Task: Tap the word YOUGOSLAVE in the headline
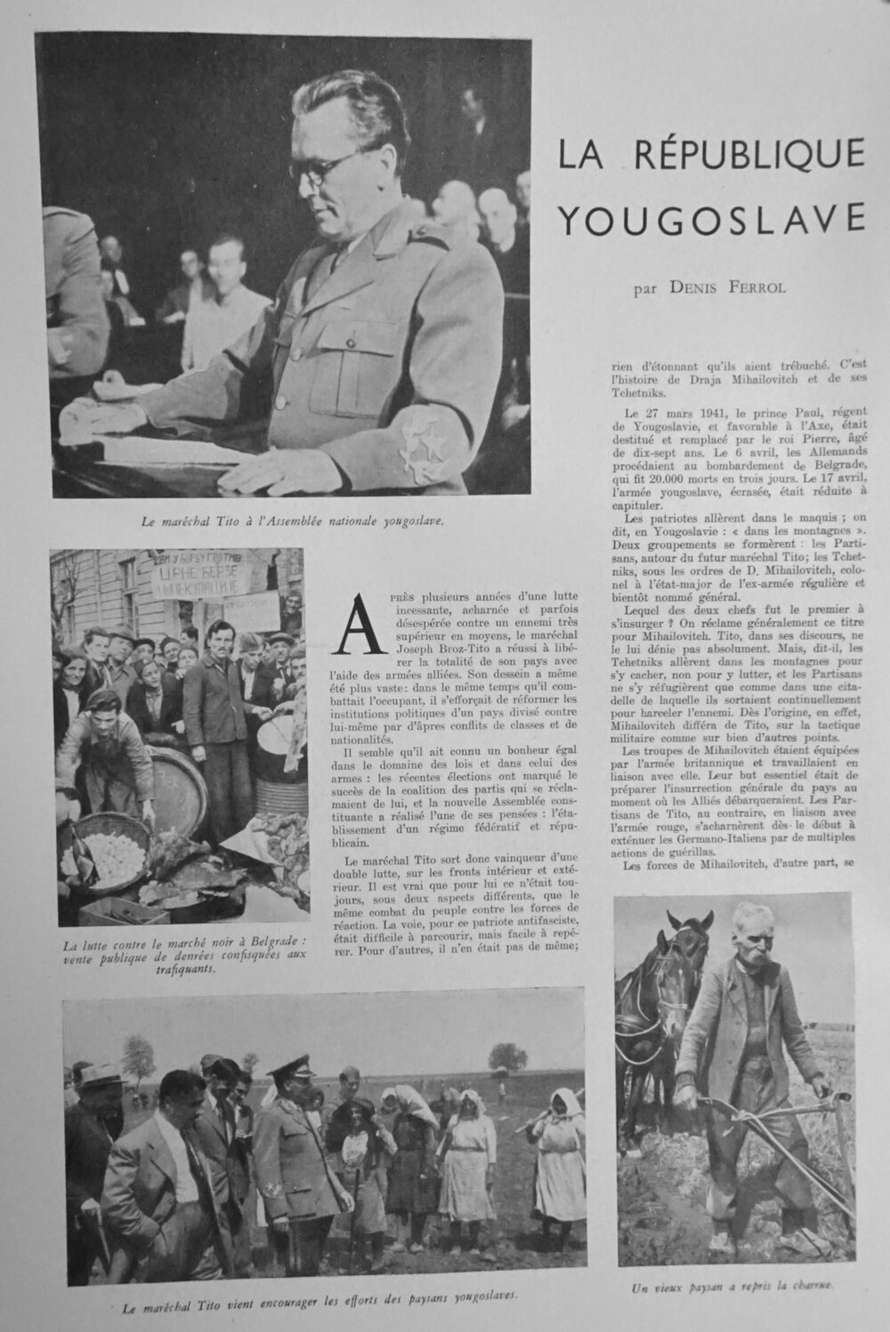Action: click(713, 217)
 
